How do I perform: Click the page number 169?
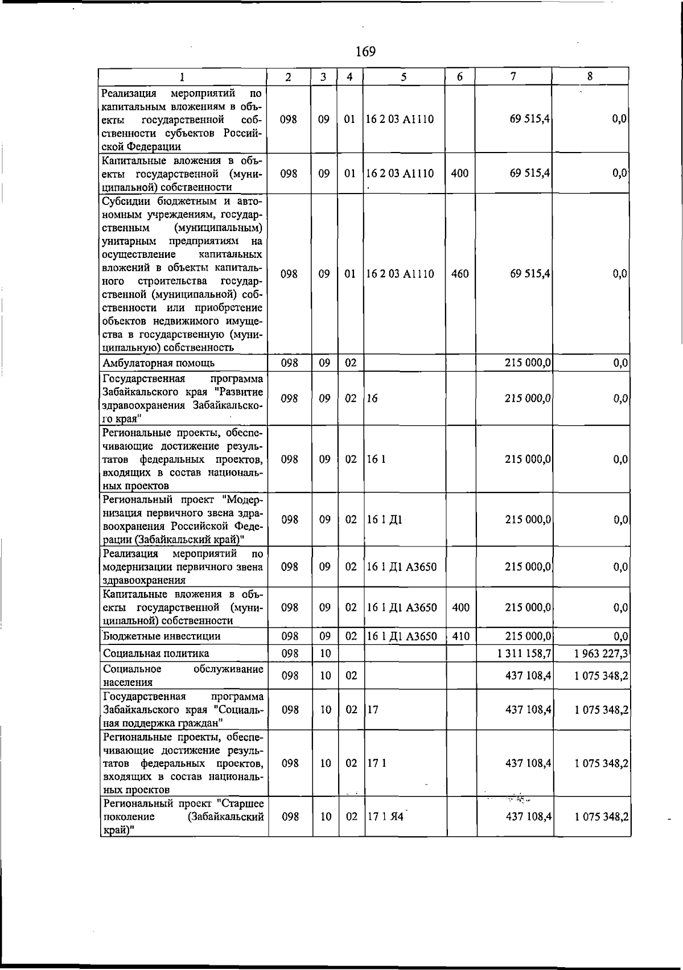coord(365,52)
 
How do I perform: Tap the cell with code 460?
coord(459,274)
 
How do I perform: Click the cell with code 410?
coord(460,636)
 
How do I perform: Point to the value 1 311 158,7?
coord(524,653)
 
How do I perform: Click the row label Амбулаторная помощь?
coord(158,363)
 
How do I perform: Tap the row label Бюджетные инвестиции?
coord(162,636)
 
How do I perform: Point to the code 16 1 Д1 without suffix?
coord(385,520)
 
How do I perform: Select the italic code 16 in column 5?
coord(372,398)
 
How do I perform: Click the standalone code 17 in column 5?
coord(373,710)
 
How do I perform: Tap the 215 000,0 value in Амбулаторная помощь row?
coord(528,363)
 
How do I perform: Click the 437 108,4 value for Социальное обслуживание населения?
coord(528,676)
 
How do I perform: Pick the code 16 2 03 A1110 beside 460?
coord(400,274)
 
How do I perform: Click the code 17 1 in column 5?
coord(376,763)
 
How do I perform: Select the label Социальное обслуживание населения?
coord(182,676)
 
